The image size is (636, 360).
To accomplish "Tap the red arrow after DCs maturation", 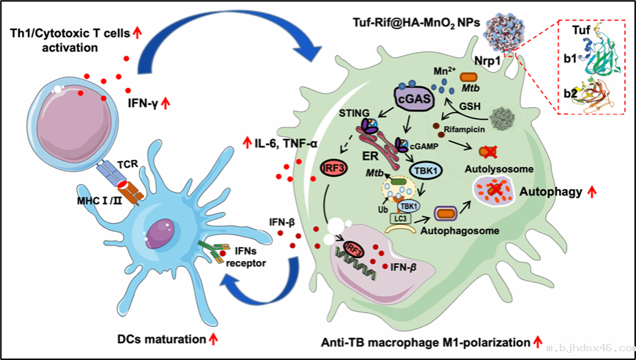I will point(214,339).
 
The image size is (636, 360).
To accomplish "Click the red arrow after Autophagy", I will point(589,193).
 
